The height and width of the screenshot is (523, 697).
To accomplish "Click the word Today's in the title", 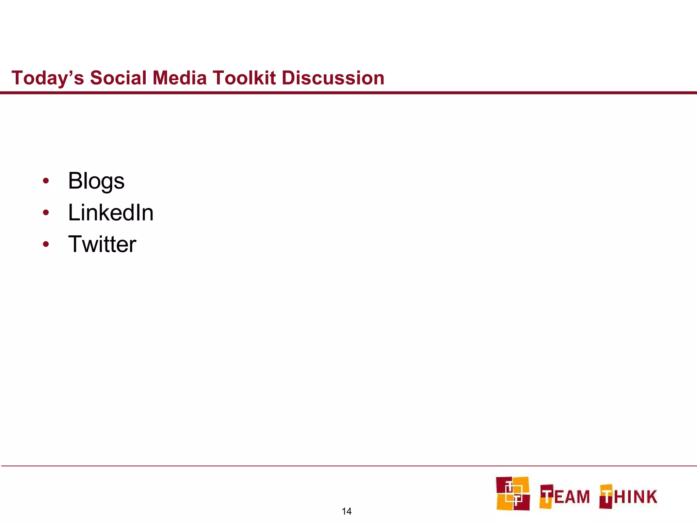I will tap(48, 78).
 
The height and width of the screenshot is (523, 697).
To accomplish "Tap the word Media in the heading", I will tap(179, 78).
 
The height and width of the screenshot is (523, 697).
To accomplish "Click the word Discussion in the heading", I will tap(333, 78).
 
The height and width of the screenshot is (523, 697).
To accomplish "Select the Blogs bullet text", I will tap(96, 181).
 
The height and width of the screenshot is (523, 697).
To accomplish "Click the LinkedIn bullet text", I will tap(111, 213).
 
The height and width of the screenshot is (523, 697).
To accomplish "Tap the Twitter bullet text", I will tap(102, 244).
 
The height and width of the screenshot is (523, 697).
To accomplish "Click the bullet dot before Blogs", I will tap(46, 181).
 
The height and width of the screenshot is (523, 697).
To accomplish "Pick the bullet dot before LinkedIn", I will tap(46, 213).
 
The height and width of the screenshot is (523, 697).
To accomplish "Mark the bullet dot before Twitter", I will tap(46, 244).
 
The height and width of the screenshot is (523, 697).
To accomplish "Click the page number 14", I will tap(346, 511).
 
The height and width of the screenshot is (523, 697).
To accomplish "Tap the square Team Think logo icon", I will tap(513, 493).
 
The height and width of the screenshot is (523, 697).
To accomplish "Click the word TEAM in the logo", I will tap(565, 496).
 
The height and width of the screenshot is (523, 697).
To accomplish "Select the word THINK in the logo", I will tap(628, 496).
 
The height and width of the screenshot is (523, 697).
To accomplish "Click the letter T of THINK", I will tap(606, 496).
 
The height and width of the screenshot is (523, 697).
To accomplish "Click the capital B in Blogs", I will tap(76, 181).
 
